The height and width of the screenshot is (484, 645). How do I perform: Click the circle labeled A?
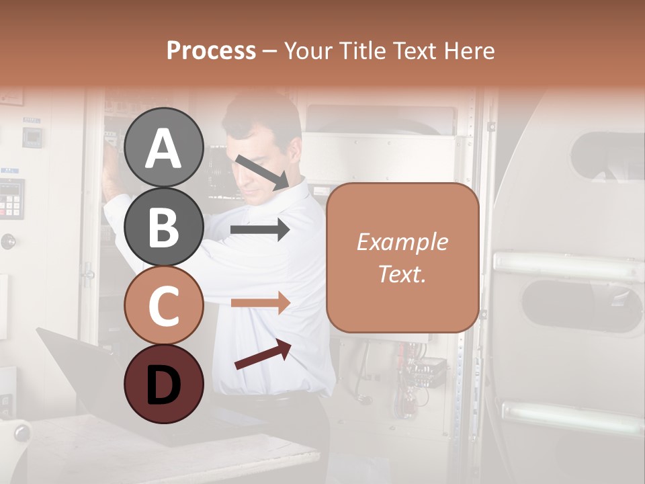tap(163, 147)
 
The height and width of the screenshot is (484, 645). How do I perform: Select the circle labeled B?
tap(163, 227)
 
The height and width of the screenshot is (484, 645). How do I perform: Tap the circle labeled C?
tap(163, 305)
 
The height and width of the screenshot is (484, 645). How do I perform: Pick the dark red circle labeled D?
tap(163, 384)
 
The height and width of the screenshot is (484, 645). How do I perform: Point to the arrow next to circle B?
tap(259, 230)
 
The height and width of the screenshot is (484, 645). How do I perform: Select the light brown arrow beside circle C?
tap(259, 302)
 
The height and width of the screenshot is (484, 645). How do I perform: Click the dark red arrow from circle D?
tap(263, 354)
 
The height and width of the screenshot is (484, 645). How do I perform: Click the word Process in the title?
tap(211, 50)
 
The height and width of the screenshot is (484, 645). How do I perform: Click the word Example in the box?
tap(402, 242)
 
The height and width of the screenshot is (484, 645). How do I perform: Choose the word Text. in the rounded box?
tap(402, 274)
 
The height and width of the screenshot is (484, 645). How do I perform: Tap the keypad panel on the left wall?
tap(12, 199)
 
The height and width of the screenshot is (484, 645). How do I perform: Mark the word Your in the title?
tap(306, 50)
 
